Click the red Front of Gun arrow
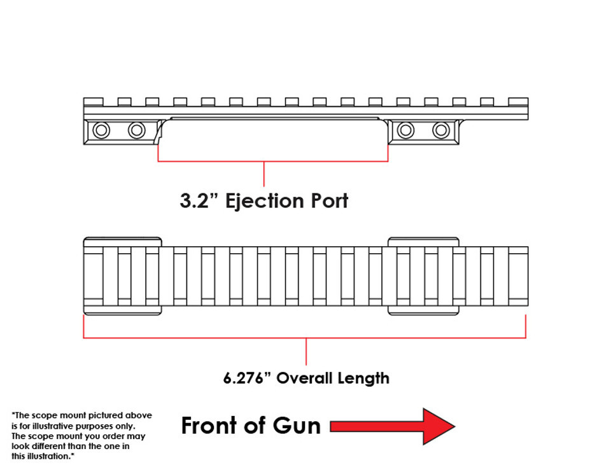click(x=392, y=426)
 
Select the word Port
click(x=329, y=201)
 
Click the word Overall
click(x=304, y=378)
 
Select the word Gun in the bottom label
click(x=297, y=426)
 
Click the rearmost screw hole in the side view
click(x=101, y=130)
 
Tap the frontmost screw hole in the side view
click(x=441, y=130)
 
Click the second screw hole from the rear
click(x=137, y=130)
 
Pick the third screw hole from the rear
click(x=405, y=130)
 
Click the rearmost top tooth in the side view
click(x=94, y=102)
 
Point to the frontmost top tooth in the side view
click(x=518, y=102)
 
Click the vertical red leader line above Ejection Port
click(x=263, y=174)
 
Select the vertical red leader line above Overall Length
click(x=306, y=351)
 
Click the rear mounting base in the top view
click(x=122, y=275)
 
